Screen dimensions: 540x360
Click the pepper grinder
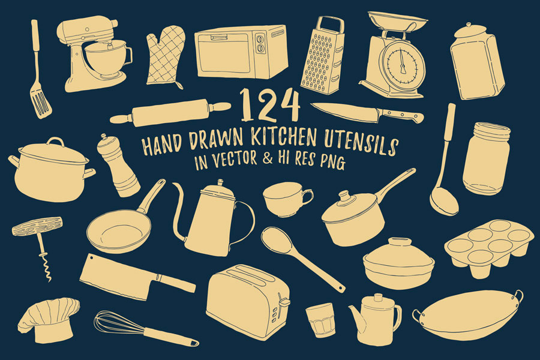tap(118, 166)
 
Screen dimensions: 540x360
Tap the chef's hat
tap(48, 320)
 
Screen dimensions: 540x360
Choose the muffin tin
tap(490, 247)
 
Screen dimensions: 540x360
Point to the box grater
tap(323, 55)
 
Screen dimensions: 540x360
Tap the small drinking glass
tap(320, 319)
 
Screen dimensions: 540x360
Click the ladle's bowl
tap(444, 203)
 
